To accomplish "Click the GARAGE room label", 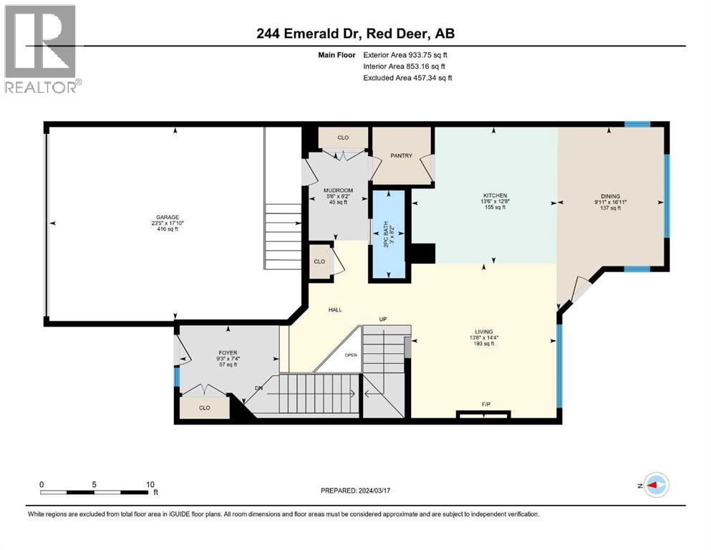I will tap(168, 218).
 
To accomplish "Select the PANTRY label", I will tap(401, 155).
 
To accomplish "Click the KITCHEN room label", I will tap(495, 196).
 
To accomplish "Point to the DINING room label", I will tap(610, 196).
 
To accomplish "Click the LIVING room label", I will tap(485, 332).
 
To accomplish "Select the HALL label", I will tap(334, 310).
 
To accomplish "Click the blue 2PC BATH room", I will tap(388, 236).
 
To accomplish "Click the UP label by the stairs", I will tap(383, 319).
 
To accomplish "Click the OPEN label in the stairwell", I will tap(351, 354).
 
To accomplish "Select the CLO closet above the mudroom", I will tap(343, 137).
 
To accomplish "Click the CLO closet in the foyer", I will tap(204, 408).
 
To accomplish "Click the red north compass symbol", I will tap(654, 485).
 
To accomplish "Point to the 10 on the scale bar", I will tap(150, 484).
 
